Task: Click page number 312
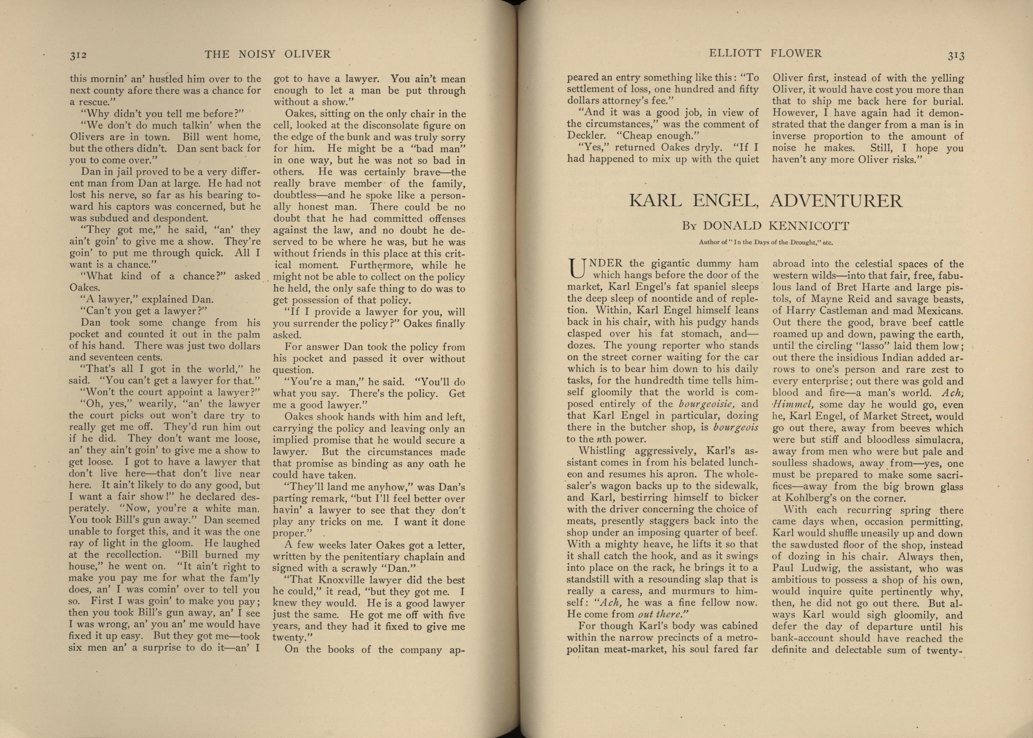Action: click(x=78, y=55)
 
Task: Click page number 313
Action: click(x=956, y=55)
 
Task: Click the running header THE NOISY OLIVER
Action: click(x=268, y=54)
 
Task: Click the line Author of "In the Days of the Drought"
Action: click(x=766, y=242)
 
